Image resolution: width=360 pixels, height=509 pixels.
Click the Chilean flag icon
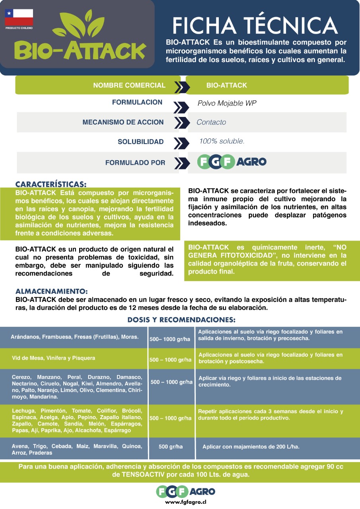(19, 17)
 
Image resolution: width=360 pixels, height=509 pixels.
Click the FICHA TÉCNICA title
(255, 25)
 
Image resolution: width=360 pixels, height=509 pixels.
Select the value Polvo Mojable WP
(227, 103)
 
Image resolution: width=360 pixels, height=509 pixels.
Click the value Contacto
(211, 122)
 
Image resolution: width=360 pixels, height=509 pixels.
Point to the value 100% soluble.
(222, 141)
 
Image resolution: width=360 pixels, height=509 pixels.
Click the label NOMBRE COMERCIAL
(129, 85)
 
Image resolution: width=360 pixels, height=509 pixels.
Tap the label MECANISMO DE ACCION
(123, 122)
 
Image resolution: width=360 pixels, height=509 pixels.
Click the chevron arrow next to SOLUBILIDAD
(181, 142)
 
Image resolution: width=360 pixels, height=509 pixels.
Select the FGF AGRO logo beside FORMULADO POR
(232, 162)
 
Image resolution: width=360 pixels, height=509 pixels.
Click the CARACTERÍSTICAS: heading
(51, 185)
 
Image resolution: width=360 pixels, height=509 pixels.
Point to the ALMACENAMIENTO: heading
(51, 291)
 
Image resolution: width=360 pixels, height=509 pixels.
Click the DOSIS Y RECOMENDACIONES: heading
(181, 320)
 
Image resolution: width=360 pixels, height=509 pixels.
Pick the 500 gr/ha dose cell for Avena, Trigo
(171, 447)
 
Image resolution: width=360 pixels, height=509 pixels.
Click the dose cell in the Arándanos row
(170, 340)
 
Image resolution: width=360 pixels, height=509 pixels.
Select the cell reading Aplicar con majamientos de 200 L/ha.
(251, 447)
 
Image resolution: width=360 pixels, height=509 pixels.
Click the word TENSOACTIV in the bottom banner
(143, 475)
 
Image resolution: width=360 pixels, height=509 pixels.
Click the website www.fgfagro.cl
(185, 502)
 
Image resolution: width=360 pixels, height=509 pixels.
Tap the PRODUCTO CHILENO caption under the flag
(19, 28)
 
